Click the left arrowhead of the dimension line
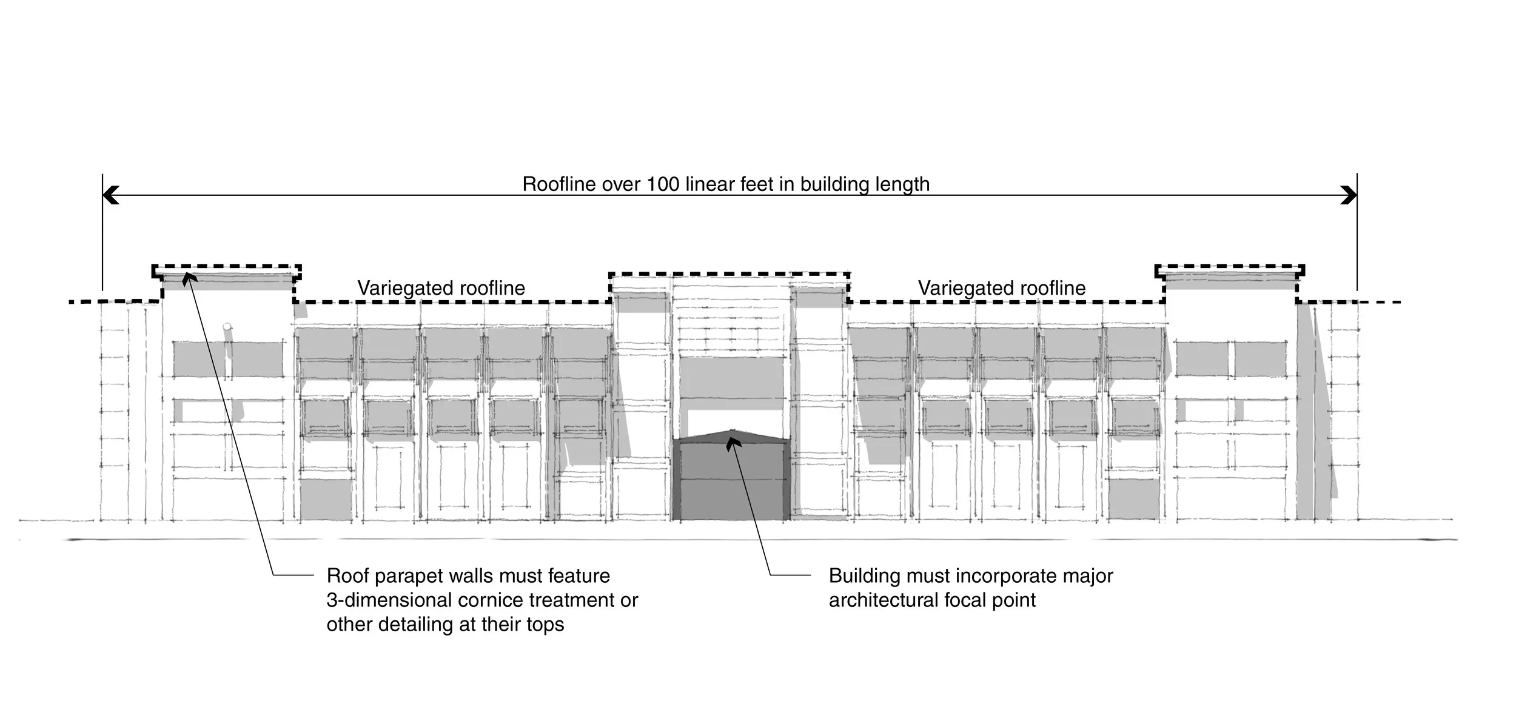point(110,195)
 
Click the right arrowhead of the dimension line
point(1349,195)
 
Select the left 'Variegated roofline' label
point(441,287)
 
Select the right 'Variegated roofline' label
point(1001,287)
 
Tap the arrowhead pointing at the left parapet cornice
point(189,277)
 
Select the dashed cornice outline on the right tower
point(1230,272)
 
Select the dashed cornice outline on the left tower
point(226,272)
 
